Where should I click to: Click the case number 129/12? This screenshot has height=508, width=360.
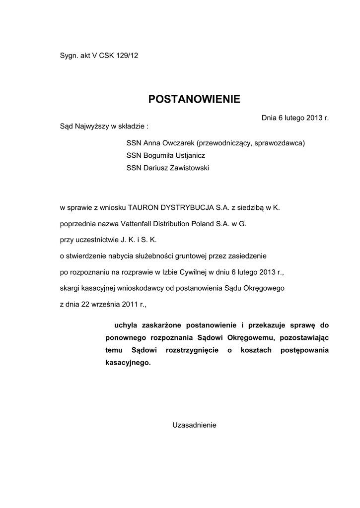pyautogui.click(x=127, y=56)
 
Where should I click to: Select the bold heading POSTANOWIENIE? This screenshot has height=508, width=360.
pyautogui.click(x=194, y=99)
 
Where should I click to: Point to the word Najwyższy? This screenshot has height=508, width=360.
pyautogui.click(x=91, y=126)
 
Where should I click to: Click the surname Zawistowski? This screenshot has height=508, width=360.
pyautogui.click(x=189, y=168)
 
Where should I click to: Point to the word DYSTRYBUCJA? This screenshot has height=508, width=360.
pyautogui.click(x=186, y=208)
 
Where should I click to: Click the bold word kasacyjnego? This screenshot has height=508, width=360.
pyautogui.click(x=127, y=363)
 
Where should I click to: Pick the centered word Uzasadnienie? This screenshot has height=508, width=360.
pyautogui.click(x=194, y=425)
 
